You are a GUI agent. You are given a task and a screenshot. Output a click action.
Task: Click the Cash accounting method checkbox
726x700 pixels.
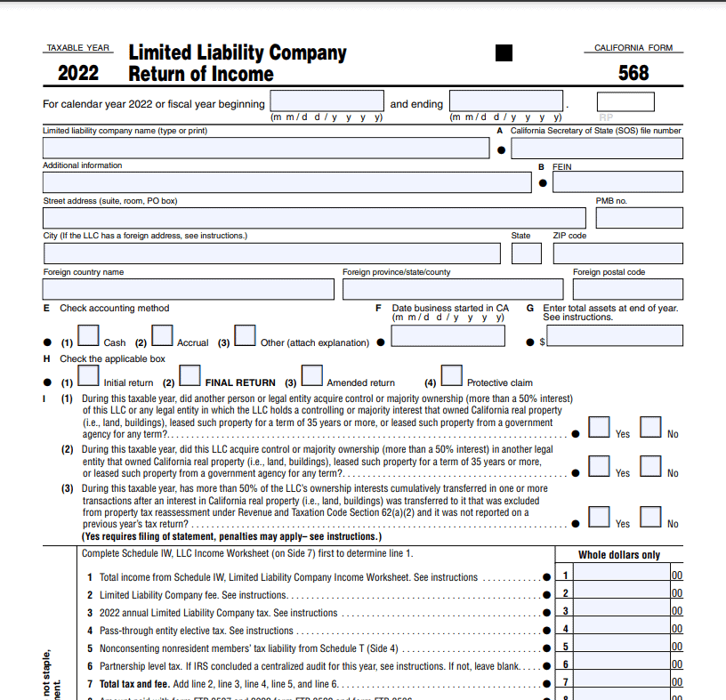(x=89, y=334)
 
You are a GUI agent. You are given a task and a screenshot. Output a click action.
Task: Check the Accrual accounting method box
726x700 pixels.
(x=162, y=334)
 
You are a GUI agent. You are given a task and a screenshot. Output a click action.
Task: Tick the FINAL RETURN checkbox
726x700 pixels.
(x=190, y=375)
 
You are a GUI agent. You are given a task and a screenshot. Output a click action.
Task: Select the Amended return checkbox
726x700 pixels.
(x=311, y=375)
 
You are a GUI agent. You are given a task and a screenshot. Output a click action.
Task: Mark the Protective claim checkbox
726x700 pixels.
(x=452, y=375)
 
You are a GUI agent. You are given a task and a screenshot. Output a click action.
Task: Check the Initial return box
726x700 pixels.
(x=89, y=375)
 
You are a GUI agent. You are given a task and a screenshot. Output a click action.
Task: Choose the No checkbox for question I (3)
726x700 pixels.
(x=651, y=517)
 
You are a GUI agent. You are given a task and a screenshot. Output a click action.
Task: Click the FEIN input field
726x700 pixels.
(x=617, y=182)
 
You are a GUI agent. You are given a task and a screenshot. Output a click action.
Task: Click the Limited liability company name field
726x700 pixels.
(x=266, y=149)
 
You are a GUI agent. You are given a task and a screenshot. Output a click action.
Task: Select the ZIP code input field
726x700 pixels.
(x=617, y=253)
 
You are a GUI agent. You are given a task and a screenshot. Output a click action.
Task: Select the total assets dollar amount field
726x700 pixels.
(x=616, y=335)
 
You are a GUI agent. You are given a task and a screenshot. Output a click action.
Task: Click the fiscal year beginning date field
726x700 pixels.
(x=327, y=101)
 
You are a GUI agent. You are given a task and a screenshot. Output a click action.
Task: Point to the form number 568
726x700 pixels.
(x=633, y=73)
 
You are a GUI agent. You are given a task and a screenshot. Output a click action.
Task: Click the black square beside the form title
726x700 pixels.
(x=504, y=53)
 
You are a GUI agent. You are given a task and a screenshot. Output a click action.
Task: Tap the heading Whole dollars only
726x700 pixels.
(x=619, y=555)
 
